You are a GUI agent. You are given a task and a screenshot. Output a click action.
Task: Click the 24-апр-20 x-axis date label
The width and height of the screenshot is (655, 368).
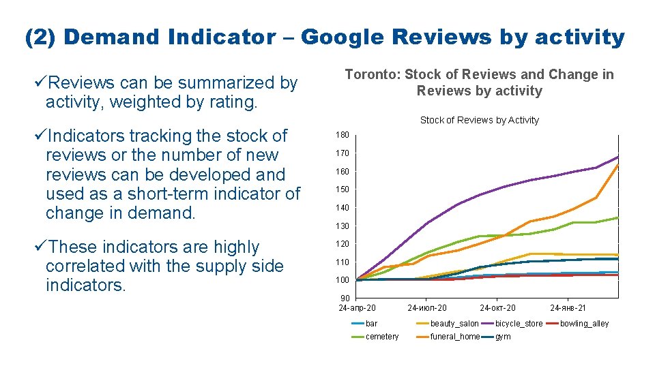357,308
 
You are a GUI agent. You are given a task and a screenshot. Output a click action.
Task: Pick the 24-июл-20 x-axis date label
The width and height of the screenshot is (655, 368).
428,308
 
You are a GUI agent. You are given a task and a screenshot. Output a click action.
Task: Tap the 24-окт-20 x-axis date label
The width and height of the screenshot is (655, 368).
497,308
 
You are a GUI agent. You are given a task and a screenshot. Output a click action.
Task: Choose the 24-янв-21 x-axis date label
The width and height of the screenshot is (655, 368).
568,308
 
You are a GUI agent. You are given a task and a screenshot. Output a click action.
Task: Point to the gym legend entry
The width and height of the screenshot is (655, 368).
503,337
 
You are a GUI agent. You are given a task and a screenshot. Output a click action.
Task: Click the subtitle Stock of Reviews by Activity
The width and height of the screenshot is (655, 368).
479,120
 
